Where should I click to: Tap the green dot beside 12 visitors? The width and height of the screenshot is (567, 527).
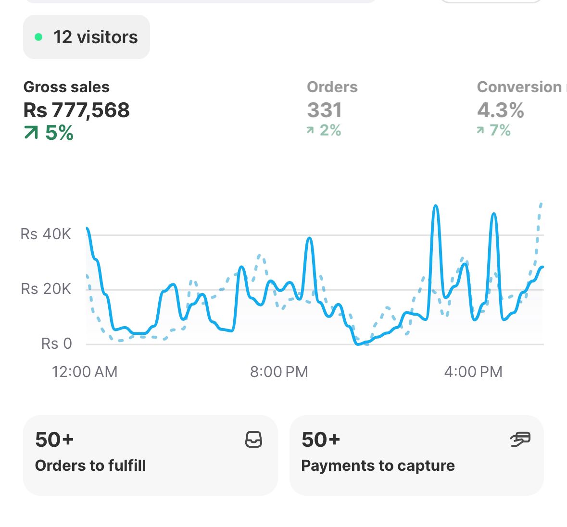point(39,37)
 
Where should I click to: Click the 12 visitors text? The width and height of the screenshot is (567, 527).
point(95,37)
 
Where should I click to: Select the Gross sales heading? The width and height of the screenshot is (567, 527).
point(66,87)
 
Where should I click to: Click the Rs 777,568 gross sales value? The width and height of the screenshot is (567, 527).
point(76,110)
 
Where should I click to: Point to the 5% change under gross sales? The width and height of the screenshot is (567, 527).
point(59,133)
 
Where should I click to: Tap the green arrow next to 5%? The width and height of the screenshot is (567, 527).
point(31,133)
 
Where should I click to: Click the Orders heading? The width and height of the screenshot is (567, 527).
point(332,87)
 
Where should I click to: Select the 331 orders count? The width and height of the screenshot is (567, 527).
point(325,110)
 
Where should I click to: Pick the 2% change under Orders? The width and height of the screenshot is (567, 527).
point(330,130)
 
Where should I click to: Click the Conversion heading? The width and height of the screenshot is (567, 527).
point(519,87)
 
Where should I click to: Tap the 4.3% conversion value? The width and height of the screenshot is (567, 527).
point(500,110)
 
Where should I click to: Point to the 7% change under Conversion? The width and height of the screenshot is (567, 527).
point(500,130)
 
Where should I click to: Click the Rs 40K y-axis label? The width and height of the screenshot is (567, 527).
point(46,234)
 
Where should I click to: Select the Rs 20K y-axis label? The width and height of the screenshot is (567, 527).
point(46,289)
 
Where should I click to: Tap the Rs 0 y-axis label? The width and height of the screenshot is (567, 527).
point(56,343)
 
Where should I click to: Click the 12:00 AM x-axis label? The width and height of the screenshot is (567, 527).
point(85,372)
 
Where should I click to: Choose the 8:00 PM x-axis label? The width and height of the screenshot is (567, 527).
point(279,372)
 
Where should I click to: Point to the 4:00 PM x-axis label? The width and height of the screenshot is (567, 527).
point(473,372)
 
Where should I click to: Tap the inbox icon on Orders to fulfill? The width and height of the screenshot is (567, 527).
point(253,439)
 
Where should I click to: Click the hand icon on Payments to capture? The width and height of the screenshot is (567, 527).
point(520,439)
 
